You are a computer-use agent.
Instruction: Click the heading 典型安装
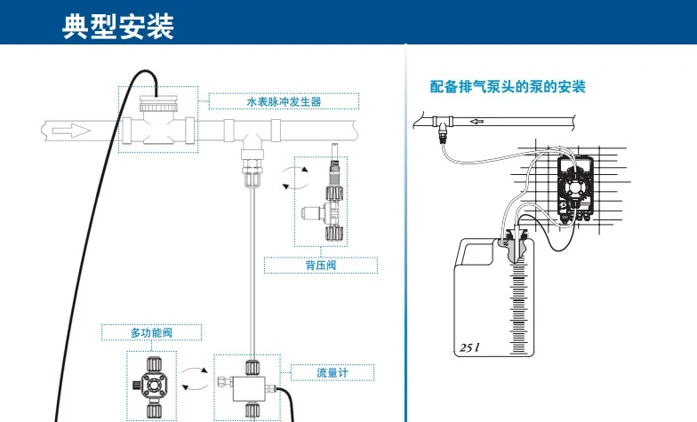[x=117, y=26]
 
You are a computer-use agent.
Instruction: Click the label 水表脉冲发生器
[x=284, y=101]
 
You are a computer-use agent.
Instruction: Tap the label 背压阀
[x=320, y=264]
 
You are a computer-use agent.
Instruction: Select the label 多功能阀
[x=149, y=332]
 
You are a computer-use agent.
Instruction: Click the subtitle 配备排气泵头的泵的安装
[x=508, y=87]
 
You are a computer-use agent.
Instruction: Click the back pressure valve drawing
[x=329, y=201]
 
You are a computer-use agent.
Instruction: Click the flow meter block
[x=251, y=383]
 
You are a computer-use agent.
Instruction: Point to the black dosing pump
[x=573, y=187]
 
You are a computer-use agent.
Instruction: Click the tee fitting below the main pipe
[x=252, y=151]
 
